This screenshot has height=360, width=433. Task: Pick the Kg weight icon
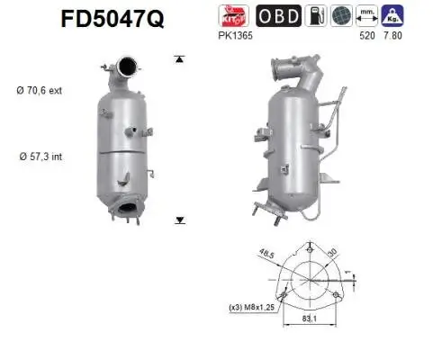click(391, 15)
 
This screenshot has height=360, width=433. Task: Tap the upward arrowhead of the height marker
click(178, 58)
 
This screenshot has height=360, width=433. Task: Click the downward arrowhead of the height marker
click(178, 219)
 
